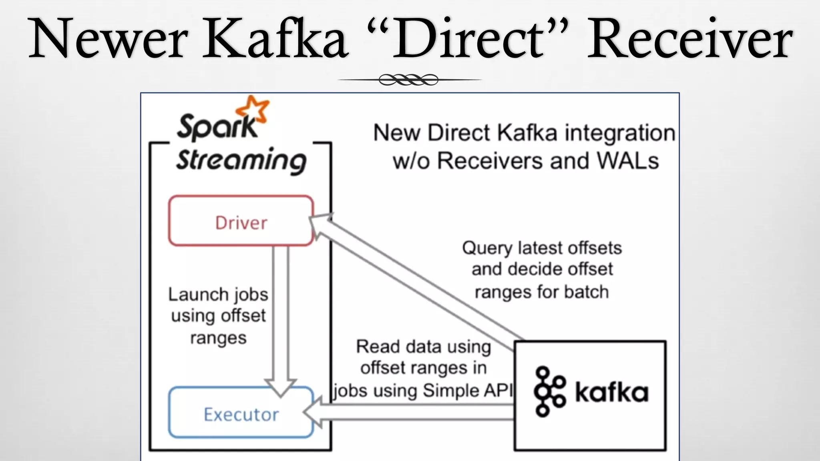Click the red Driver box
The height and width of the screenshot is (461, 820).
click(241, 221)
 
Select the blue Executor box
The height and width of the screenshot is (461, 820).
click(241, 413)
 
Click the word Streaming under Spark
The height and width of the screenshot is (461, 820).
click(241, 160)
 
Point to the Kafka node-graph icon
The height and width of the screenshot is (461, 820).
click(549, 391)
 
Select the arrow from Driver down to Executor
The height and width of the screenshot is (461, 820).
click(281, 316)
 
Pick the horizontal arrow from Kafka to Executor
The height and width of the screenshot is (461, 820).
click(412, 412)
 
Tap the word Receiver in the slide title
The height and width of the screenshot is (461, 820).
click(689, 39)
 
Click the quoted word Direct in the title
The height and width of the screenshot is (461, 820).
click(468, 39)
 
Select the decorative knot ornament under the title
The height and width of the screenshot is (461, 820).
click(408, 80)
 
